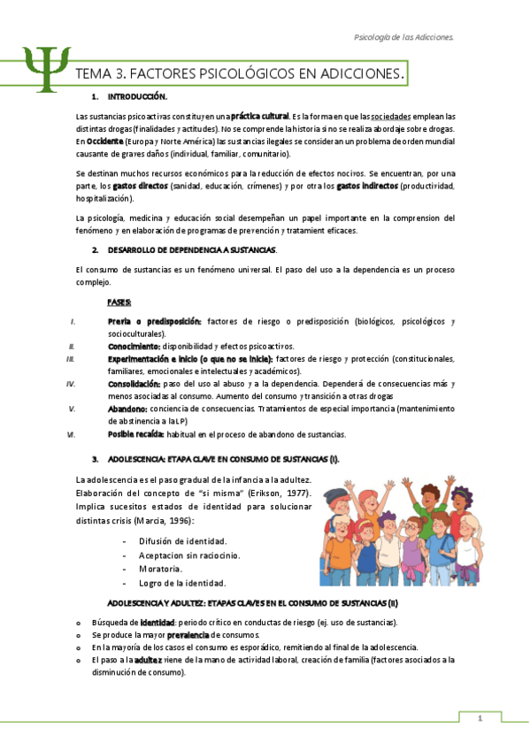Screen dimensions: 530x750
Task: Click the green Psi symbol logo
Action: [42, 71]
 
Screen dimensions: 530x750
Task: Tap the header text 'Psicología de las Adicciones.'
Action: [403, 38]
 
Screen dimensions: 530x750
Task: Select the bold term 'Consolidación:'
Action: [134, 384]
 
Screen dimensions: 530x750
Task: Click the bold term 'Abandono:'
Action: [127, 409]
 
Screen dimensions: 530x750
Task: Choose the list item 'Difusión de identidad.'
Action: [183, 540]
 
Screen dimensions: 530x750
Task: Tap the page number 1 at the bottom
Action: [479, 718]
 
